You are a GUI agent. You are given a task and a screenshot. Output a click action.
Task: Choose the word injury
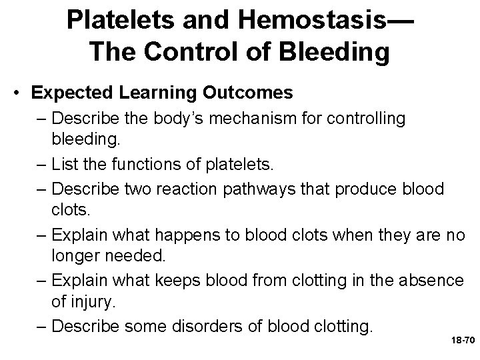pos(91,303)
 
